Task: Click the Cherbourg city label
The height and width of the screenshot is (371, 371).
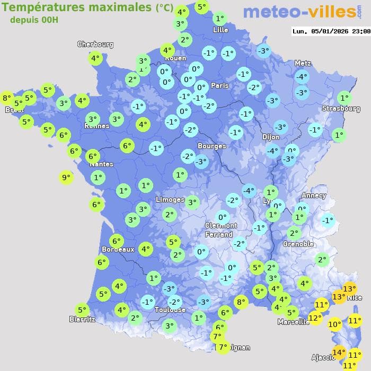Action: [x=95, y=45]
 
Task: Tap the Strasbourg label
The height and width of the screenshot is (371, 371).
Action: [x=341, y=109]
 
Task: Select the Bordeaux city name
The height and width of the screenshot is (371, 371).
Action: [x=118, y=249]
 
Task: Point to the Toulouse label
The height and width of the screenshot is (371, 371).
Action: [x=170, y=310]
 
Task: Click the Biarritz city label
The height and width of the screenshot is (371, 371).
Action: [x=82, y=319]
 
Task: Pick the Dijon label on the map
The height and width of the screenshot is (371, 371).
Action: [x=270, y=137]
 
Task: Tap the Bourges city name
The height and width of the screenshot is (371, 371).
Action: [x=211, y=146]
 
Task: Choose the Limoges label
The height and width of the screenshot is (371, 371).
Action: [x=170, y=200]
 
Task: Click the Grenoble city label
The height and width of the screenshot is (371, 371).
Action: [x=298, y=244]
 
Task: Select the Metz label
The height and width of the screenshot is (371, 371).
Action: [x=303, y=63]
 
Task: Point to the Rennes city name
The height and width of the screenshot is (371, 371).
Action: [x=96, y=126]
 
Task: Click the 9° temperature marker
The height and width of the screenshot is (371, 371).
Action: [x=66, y=178]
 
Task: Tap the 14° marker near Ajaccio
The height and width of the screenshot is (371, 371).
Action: [x=339, y=352]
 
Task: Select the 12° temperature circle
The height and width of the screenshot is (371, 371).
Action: [x=315, y=318]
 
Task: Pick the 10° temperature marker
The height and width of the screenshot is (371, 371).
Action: [x=334, y=324]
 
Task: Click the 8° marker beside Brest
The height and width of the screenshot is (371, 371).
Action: [x=6, y=98]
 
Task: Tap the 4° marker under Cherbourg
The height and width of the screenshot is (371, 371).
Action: [x=95, y=59]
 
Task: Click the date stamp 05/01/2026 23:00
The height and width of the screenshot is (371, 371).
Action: [x=331, y=31]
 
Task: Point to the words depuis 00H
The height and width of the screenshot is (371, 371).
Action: [x=34, y=20]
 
